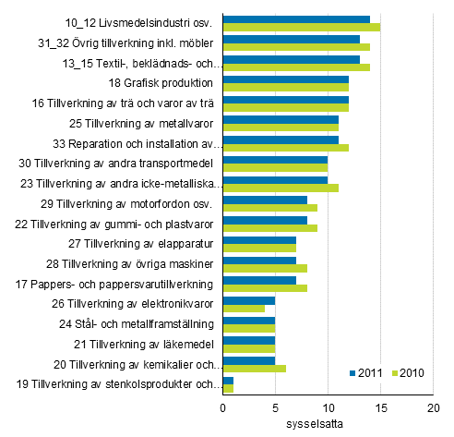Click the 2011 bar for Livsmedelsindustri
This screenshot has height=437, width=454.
point(295,19)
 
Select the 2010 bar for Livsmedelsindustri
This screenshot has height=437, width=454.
point(301,28)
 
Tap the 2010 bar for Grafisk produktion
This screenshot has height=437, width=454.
point(285,88)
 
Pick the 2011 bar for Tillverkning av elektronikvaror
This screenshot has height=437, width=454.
point(248,300)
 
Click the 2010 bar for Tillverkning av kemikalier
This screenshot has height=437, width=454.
point(254,369)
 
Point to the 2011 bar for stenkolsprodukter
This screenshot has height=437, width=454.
point(228,380)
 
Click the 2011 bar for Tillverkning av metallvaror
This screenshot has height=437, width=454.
point(280,119)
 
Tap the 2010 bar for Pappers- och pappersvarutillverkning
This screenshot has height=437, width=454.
point(264,288)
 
